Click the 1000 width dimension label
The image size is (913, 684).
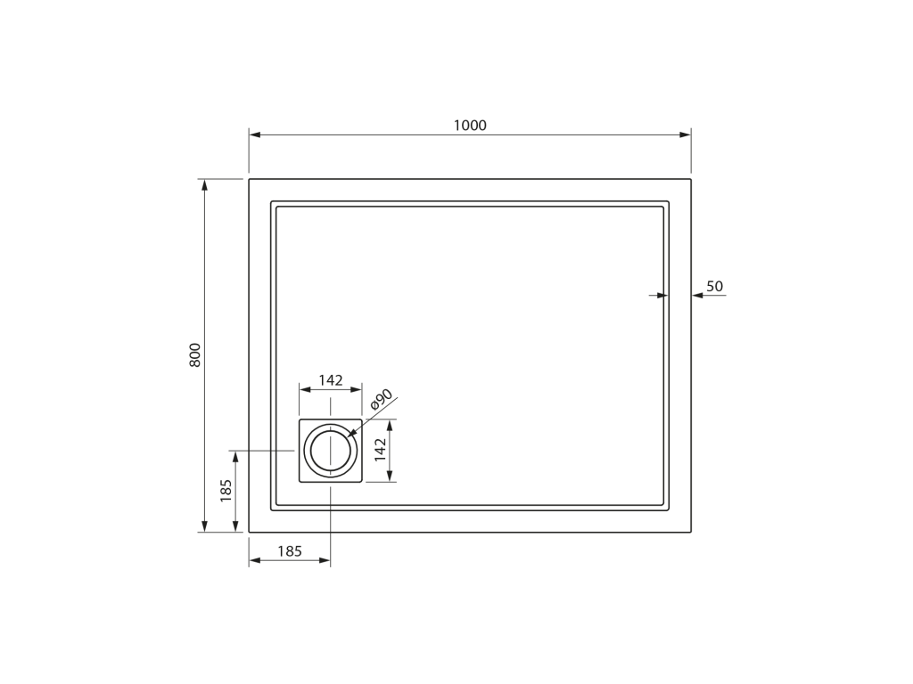[x=470, y=125]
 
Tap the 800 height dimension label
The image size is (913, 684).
[x=195, y=354]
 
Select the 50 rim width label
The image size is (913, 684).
[x=714, y=286]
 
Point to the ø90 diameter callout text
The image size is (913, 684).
[x=382, y=400]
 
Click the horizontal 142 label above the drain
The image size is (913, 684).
[x=331, y=380]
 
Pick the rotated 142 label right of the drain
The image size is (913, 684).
[x=380, y=450]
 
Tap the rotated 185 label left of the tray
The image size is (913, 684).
[x=226, y=491]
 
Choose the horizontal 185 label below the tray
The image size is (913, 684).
[x=290, y=550]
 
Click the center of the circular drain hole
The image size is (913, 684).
[x=331, y=451]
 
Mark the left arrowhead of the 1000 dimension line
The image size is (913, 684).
[x=254, y=135]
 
